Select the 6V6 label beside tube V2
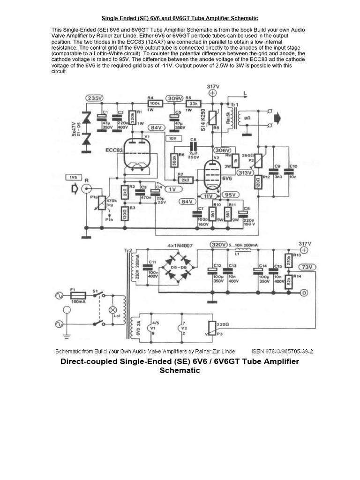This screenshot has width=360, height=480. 227,179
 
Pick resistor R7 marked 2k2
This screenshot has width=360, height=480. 185,180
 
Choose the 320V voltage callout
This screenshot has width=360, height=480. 218,245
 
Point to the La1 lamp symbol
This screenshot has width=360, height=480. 112,310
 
